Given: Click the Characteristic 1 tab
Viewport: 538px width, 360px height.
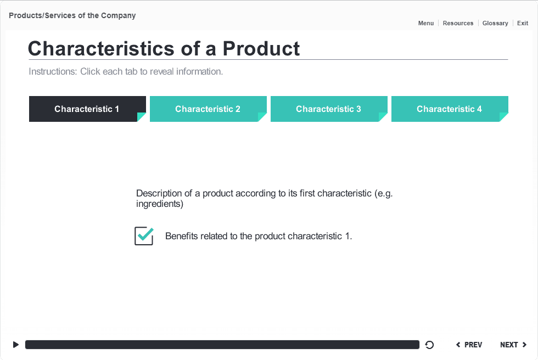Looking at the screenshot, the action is tap(87, 109).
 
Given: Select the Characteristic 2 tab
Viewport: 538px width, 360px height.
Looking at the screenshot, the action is tap(208, 109).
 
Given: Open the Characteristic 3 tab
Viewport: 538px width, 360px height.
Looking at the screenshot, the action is tap(329, 109).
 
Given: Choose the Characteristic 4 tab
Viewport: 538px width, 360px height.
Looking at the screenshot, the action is tap(450, 109).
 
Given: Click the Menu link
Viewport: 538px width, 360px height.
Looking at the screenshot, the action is tap(426, 23).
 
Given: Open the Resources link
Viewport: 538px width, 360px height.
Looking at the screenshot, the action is tap(458, 23).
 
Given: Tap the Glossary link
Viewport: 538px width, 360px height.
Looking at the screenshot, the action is tap(495, 23).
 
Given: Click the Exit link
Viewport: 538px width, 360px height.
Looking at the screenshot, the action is tap(523, 23).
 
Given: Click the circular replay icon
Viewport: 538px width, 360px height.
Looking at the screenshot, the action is tap(429, 345).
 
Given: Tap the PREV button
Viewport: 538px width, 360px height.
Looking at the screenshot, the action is tap(469, 345).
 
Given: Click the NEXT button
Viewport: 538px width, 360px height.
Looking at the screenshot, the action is tap(513, 345).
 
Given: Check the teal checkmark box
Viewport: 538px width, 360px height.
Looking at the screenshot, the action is tap(144, 236).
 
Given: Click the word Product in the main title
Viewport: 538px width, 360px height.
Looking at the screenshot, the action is tap(261, 48).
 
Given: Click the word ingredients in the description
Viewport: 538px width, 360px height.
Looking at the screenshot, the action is tap(159, 204).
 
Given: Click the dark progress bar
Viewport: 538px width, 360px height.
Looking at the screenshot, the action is tap(222, 345).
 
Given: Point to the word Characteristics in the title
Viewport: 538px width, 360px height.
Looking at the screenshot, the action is tap(101, 48).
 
